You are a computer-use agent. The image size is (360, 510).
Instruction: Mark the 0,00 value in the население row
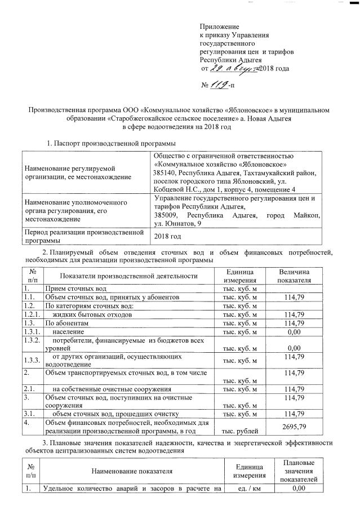pos(295,332)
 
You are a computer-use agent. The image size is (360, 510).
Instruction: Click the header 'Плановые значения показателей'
pos(299,471)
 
